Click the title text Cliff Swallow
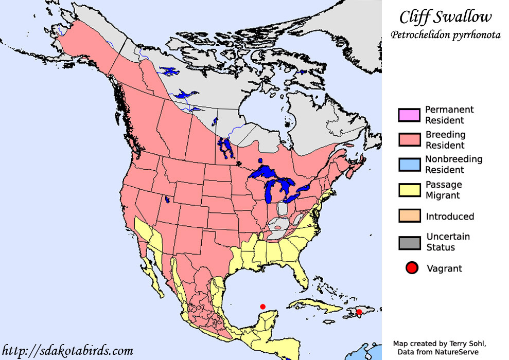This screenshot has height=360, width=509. [x=445, y=17]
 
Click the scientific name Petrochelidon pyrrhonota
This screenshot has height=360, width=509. [x=445, y=35]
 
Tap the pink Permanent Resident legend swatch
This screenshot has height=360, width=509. [x=410, y=114]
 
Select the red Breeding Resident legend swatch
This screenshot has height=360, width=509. [x=410, y=140]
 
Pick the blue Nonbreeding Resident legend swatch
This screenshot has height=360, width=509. [x=410, y=165]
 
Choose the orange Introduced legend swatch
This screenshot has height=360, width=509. [x=410, y=215]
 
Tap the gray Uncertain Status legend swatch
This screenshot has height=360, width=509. [x=410, y=242]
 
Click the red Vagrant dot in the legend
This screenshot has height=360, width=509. [x=411, y=268]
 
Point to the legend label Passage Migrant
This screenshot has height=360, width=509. [x=444, y=190]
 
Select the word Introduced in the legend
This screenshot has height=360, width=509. [x=450, y=217]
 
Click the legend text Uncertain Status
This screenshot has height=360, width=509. [x=448, y=242]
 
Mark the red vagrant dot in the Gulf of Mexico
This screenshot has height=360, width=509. [x=262, y=307]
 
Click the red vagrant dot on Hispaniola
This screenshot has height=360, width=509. [x=359, y=312]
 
